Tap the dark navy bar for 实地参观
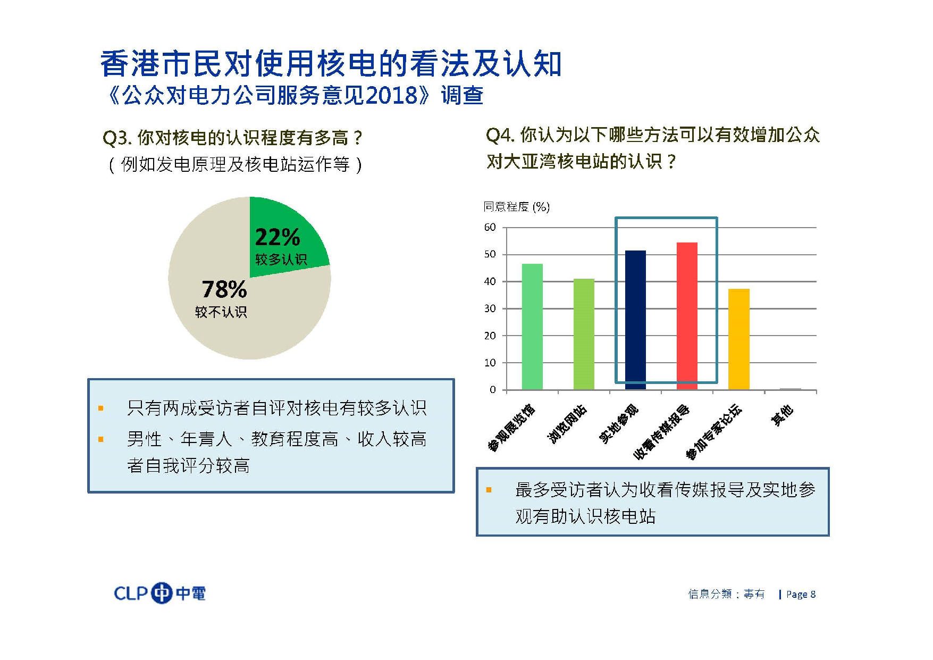pyautogui.click(x=635, y=319)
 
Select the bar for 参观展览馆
pyautogui.click(x=532, y=327)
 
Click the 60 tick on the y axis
pyautogui.click(x=490, y=228)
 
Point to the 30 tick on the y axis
pyautogui.click(x=490, y=308)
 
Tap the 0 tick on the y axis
pyautogui.click(x=492, y=390)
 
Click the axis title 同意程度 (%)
pyautogui.click(x=516, y=207)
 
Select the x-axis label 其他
pyautogui.click(x=782, y=415)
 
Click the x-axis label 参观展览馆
pyautogui.click(x=511, y=428)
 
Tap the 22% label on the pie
pyautogui.click(x=278, y=237)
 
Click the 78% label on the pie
pyautogui.click(x=224, y=290)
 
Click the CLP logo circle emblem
pyautogui.click(x=162, y=593)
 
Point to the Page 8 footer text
pyautogui.click(x=801, y=594)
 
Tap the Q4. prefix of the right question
pyautogui.click(x=500, y=136)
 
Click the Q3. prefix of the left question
pyautogui.click(x=116, y=138)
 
